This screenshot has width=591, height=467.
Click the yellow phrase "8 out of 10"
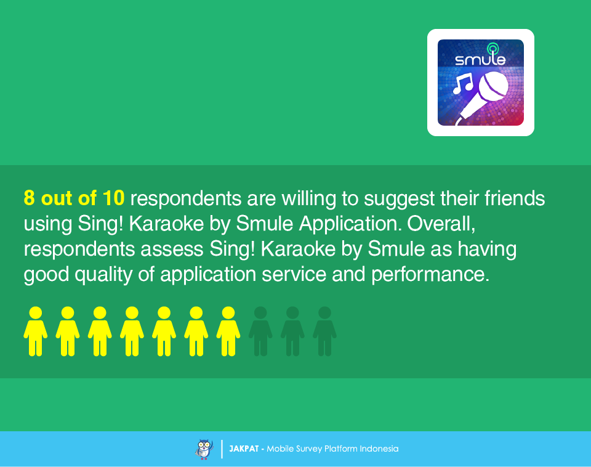(x=74, y=198)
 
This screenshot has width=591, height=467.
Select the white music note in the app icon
(x=463, y=84)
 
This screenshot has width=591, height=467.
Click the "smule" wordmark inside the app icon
(x=480, y=59)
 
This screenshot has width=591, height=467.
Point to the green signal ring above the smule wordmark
(x=492, y=48)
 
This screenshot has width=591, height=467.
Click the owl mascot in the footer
(x=204, y=449)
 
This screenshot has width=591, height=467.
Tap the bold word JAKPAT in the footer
(x=244, y=449)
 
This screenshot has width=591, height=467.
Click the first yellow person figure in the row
(x=36, y=331)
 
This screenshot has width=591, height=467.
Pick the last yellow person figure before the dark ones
(x=228, y=331)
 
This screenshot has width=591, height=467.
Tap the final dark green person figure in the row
(x=324, y=331)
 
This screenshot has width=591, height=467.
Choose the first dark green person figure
(x=260, y=331)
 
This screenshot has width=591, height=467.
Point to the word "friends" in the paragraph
(x=515, y=198)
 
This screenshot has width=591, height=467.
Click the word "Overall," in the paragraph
(x=441, y=224)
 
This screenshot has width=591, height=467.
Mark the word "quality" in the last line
(x=103, y=275)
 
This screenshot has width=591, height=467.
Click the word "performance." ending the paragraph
(x=430, y=275)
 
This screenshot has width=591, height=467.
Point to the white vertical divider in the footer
(x=222, y=449)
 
